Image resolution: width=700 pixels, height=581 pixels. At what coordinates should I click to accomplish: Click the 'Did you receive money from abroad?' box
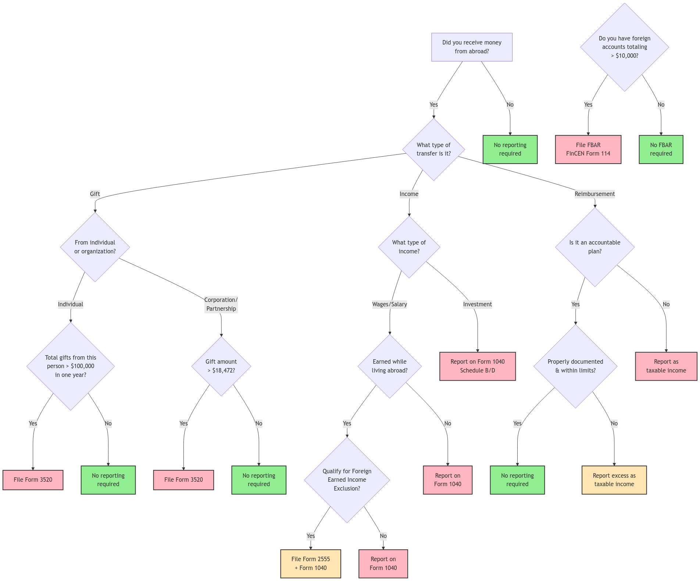pos(471,47)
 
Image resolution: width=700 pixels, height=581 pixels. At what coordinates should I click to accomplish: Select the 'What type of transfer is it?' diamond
pos(433,149)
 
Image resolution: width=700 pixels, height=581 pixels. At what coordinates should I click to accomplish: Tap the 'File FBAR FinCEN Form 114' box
pos(588,149)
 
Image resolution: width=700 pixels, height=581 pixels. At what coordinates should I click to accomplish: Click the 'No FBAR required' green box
pos(661,149)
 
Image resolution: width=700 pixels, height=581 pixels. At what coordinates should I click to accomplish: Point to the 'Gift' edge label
pos(95,194)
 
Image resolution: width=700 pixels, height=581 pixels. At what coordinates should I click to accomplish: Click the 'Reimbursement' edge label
pos(594,194)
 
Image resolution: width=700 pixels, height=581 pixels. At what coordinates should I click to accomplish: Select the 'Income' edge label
pos(409,194)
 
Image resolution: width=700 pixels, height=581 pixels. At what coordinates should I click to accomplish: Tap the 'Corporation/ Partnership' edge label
pos(221,304)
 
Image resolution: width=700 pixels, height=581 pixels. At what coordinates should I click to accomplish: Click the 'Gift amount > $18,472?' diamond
pos(221,366)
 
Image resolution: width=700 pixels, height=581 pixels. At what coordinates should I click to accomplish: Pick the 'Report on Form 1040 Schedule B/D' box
pos(477,366)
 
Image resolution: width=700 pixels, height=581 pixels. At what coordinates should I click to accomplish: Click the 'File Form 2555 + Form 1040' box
pos(310,563)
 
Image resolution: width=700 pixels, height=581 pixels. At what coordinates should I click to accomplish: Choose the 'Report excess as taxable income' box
pos(614,480)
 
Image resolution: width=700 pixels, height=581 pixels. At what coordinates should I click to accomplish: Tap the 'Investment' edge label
pos(477,304)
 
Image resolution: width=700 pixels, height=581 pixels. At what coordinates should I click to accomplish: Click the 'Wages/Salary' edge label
pos(389,304)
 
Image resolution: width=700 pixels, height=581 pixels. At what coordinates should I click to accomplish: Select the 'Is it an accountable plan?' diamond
pos(594,247)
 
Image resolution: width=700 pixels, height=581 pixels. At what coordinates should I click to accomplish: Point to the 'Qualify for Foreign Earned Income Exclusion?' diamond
pos(347,480)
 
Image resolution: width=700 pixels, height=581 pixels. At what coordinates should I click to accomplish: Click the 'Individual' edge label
pos(70,304)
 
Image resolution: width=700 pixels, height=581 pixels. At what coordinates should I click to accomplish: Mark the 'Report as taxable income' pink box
pos(666,366)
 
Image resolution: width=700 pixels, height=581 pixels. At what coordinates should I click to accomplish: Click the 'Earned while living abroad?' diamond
pos(389,366)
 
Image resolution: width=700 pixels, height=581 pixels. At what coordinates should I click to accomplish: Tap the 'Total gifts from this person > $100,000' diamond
pos(70,366)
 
